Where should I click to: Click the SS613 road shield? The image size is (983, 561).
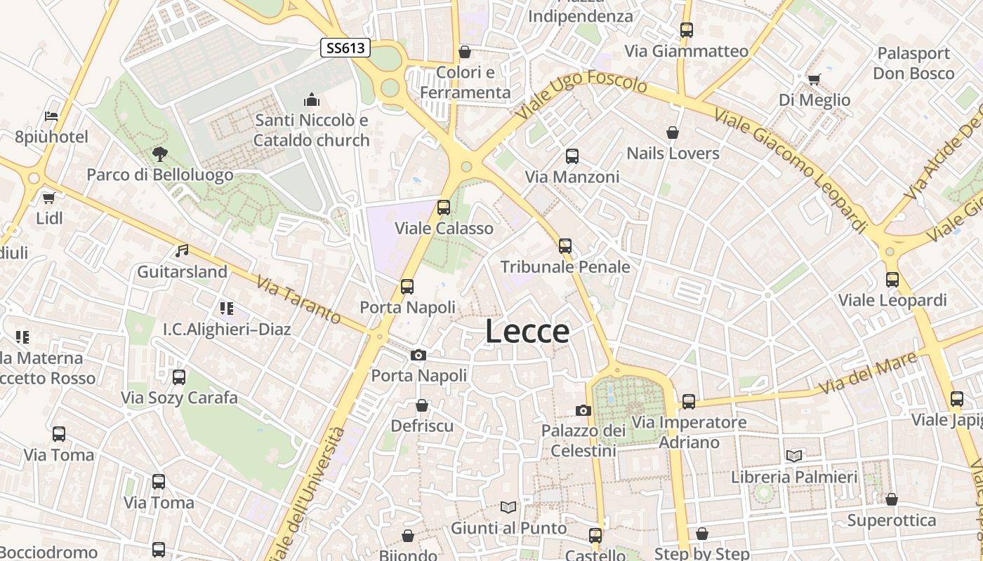(x=345, y=48)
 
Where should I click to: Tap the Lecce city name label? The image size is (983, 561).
(x=527, y=331)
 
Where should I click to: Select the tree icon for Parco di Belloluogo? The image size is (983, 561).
(x=160, y=154)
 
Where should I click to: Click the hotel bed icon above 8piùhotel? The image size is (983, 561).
(x=51, y=116)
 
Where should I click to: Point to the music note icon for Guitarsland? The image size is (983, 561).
(x=182, y=250)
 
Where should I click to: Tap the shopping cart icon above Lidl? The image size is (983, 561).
(x=49, y=198)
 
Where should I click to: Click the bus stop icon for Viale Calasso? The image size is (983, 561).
(x=443, y=208)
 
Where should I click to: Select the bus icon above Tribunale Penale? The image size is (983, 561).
(x=565, y=246)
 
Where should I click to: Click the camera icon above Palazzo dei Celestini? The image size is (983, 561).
(x=583, y=410)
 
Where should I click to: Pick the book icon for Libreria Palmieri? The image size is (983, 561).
(x=794, y=456)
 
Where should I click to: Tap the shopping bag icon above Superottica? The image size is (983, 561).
(x=891, y=499)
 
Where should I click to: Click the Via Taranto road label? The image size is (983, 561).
(x=298, y=299)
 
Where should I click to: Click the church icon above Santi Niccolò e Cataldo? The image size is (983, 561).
(x=312, y=100)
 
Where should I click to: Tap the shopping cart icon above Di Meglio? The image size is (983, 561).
(x=814, y=79)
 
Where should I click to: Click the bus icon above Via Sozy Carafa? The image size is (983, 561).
(x=179, y=377)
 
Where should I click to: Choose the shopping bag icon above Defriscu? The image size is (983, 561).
(x=422, y=405)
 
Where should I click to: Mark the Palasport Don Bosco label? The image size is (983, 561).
(x=913, y=63)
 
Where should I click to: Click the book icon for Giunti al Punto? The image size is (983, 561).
(x=508, y=507)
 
